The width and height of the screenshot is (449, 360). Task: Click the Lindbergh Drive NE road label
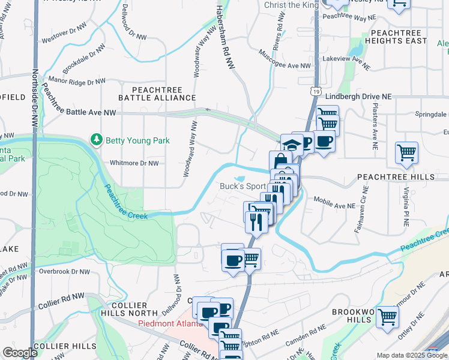click(x=358, y=96)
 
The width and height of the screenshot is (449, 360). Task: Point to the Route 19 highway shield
click(x=315, y=91)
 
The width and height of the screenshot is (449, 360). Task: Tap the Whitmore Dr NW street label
click(x=134, y=163)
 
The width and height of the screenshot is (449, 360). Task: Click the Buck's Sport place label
click(x=242, y=186)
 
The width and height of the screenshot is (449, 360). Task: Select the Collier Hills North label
click(x=134, y=309)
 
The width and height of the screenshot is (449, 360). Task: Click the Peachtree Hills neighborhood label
click(x=395, y=178)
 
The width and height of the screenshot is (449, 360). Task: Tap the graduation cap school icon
click(x=291, y=144)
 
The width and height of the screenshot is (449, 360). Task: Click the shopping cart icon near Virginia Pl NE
click(x=406, y=152)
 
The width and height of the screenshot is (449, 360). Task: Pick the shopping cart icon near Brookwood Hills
click(x=387, y=316)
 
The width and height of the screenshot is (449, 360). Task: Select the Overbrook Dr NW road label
click(x=64, y=271)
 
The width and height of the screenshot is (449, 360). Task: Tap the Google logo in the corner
click(x=19, y=353)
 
